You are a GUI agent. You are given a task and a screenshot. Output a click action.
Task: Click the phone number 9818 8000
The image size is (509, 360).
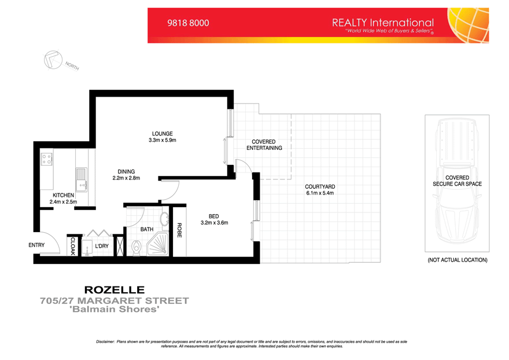click(188, 24)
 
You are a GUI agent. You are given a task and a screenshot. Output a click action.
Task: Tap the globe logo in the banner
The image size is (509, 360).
click(469, 25)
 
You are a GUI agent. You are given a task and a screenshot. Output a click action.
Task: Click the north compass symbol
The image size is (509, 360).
click(52, 60)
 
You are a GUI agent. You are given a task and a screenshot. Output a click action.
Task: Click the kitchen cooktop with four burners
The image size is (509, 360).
click(46, 158)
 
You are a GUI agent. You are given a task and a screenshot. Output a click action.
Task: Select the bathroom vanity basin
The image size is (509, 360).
click(164, 219)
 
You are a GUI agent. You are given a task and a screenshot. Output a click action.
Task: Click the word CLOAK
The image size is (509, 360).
click(73, 245)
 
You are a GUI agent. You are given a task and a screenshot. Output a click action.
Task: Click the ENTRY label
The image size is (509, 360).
click(36, 245)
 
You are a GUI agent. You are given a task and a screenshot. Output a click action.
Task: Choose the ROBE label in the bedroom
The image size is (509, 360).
click(179, 230)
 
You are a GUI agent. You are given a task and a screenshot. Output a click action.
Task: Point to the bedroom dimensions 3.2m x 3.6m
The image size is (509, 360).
click(214, 222)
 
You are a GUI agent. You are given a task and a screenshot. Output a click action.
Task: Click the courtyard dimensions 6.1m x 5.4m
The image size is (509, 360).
click(320, 193)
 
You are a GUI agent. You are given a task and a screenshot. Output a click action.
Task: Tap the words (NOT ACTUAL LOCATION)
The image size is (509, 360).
click(457, 260)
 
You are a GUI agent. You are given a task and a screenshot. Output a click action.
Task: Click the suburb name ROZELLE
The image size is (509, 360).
click(115, 290)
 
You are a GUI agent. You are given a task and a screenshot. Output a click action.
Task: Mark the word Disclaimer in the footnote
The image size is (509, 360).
click(106, 342)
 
